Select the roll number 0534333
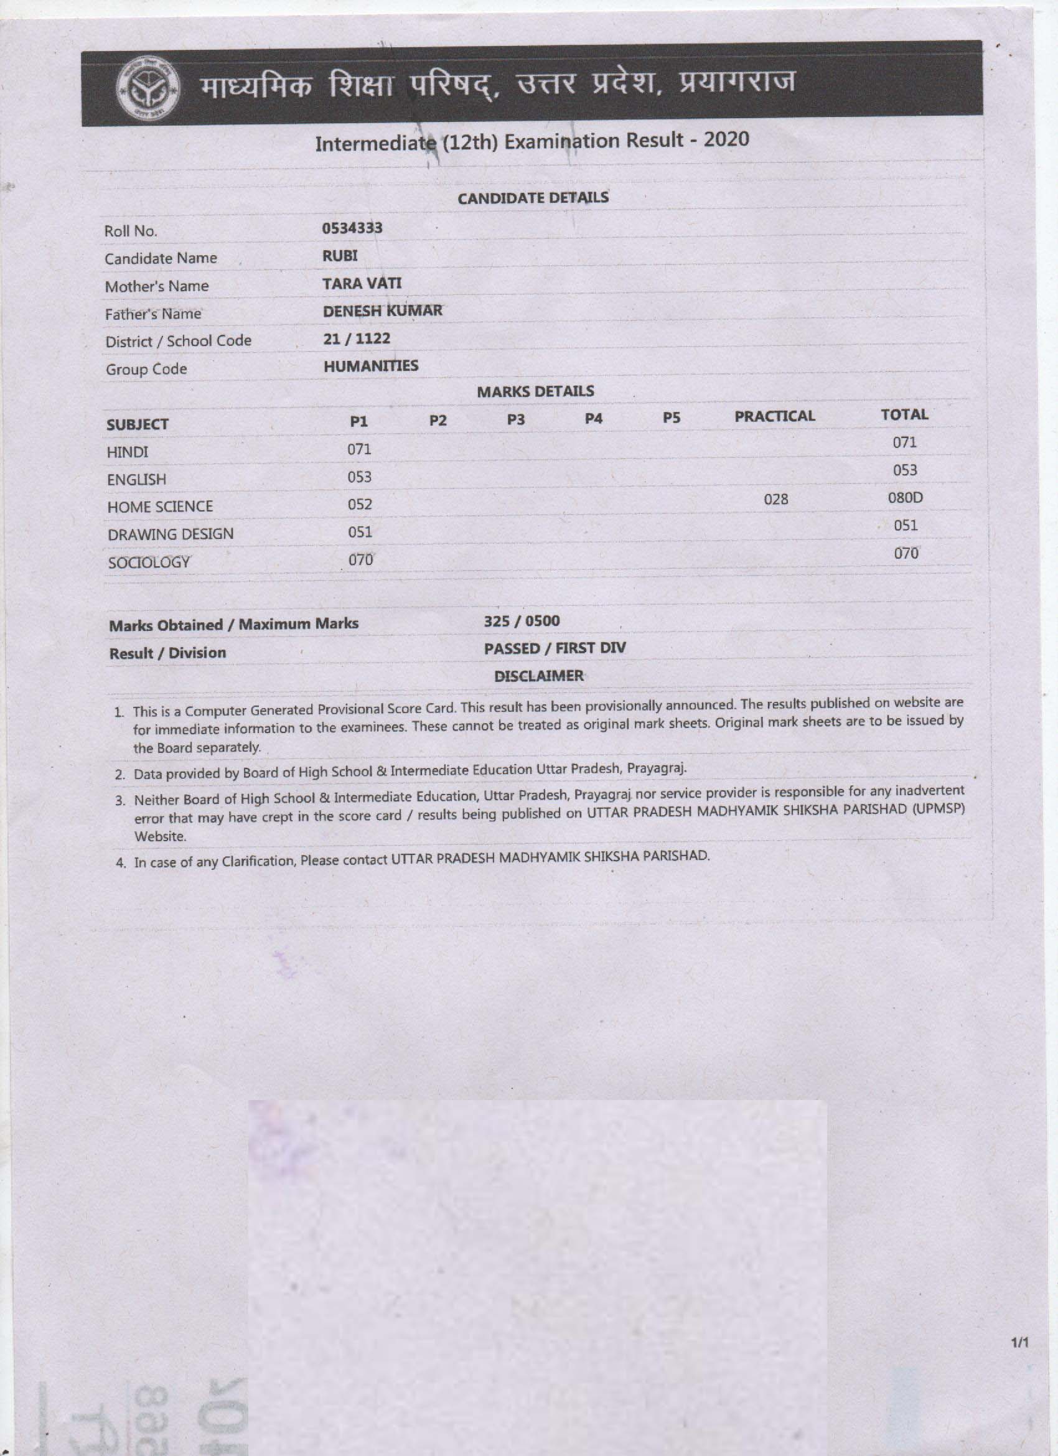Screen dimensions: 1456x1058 [x=352, y=228]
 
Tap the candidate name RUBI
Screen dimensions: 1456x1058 [x=340, y=256]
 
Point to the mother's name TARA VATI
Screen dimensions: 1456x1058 [x=362, y=283]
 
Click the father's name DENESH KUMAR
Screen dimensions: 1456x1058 [x=382, y=310]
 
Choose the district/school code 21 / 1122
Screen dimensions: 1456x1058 [x=357, y=338]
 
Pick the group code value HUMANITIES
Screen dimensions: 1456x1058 [x=370, y=366]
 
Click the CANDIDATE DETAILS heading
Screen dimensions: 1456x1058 [x=533, y=198]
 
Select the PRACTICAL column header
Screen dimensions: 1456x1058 [x=774, y=416]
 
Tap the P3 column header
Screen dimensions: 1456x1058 [x=515, y=419]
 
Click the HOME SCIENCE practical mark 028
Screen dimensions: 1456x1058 [x=775, y=499]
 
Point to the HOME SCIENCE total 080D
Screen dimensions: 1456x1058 [x=904, y=498]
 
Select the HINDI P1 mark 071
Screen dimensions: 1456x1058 [x=359, y=449]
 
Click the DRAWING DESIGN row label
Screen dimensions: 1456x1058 [x=170, y=534]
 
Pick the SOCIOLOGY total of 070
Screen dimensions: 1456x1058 [x=906, y=553]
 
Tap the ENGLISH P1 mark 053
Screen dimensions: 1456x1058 [x=359, y=477]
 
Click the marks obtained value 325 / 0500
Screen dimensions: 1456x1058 [x=522, y=621]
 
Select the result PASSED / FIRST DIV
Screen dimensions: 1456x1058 [x=555, y=648]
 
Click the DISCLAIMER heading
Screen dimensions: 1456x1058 [x=538, y=676]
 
